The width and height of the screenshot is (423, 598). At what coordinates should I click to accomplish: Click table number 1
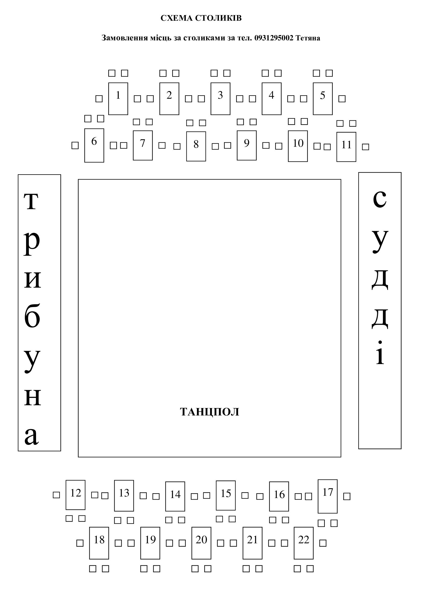118,99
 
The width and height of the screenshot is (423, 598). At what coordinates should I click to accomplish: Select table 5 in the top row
323,99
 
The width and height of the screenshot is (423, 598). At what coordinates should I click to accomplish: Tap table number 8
196,146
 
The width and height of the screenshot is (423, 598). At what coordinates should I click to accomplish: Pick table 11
347,147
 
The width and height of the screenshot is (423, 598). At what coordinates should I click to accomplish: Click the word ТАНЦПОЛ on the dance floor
210,412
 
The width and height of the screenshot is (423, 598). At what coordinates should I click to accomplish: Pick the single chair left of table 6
75,145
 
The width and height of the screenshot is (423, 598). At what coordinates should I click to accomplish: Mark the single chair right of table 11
366,147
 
